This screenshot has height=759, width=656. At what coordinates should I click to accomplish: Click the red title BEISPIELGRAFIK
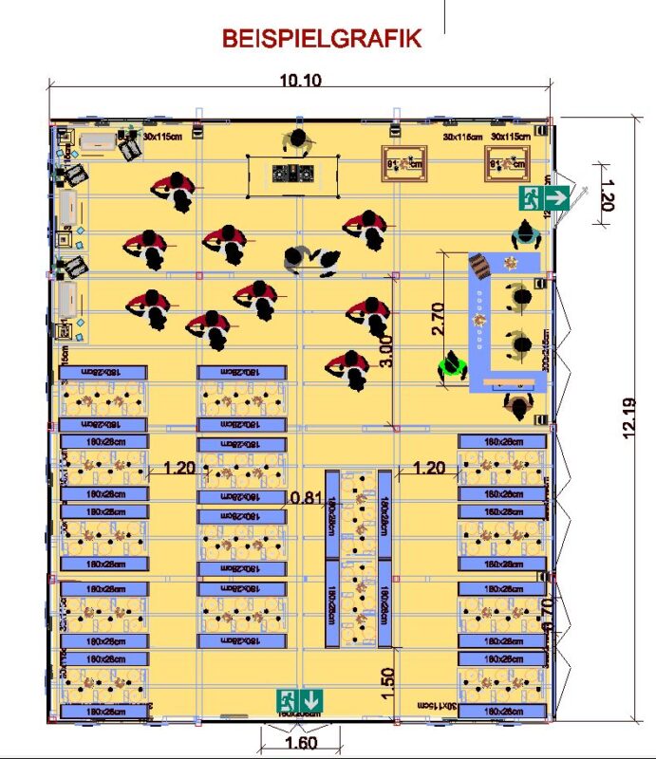tap(322, 39)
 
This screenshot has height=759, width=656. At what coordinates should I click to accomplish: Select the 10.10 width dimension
tap(301, 81)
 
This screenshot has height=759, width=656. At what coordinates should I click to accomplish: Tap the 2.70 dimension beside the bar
tap(438, 320)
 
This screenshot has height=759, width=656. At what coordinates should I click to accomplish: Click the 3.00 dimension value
tap(385, 351)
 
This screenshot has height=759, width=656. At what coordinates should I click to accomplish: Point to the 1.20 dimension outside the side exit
tap(609, 193)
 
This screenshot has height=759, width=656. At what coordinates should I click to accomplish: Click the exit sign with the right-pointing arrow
tap(544, 198)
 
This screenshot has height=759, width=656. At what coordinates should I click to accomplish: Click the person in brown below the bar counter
tap(517, 405)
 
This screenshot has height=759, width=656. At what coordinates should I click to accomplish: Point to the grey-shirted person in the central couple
tap(297, 257)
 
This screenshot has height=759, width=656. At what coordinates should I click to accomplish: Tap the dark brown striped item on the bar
tap(481, 266)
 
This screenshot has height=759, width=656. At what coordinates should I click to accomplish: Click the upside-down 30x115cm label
tap(438, 706)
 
